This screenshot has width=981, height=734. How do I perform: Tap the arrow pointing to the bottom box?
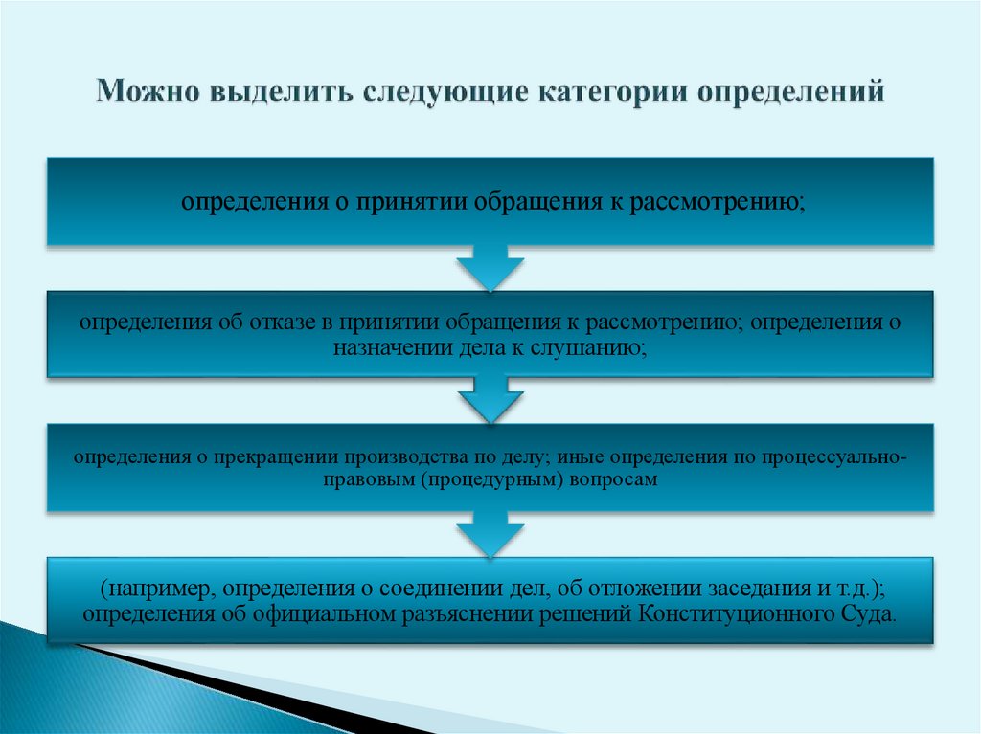[x=490, y=533]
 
